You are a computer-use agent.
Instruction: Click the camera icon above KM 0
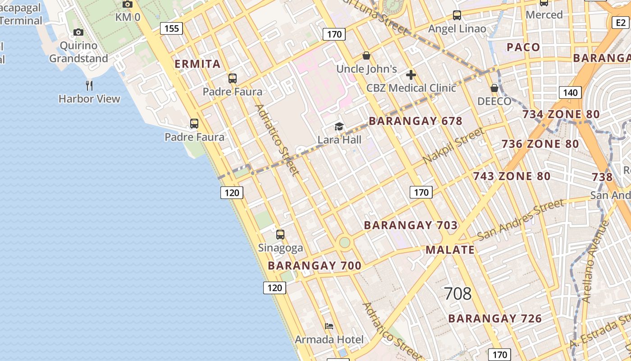128,4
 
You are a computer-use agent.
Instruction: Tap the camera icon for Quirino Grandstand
78,32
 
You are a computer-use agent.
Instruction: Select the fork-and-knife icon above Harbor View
89,85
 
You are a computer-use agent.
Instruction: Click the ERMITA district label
197,64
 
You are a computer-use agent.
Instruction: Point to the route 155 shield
172,29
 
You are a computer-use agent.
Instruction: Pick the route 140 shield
570,93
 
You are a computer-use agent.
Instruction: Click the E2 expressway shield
620,23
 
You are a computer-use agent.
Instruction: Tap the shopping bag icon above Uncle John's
366,56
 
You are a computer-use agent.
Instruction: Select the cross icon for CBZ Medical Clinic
411,75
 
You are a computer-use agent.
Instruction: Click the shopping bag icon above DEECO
494,88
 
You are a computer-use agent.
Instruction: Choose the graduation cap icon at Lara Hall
339,127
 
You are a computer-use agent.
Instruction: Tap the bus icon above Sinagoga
280,235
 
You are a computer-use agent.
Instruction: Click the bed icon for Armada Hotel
329,326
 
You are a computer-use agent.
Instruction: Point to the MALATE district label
450,250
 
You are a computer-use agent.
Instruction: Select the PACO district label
523,47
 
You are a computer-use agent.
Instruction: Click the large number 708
457,294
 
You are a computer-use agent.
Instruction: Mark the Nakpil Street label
453,146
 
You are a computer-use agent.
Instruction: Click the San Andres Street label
521,220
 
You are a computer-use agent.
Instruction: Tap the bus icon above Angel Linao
457,16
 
